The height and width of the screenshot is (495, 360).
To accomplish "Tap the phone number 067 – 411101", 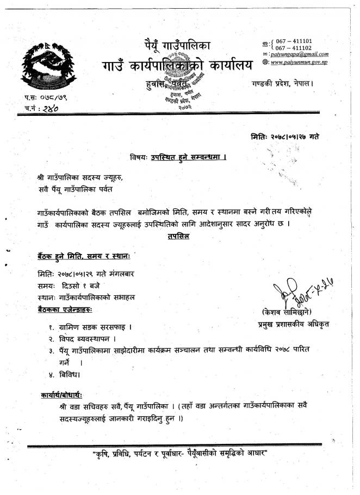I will point(294,41).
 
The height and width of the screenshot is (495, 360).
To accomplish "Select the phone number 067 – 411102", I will point(294,48).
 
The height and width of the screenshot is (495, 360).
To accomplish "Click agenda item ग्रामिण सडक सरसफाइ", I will point(97,327).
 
